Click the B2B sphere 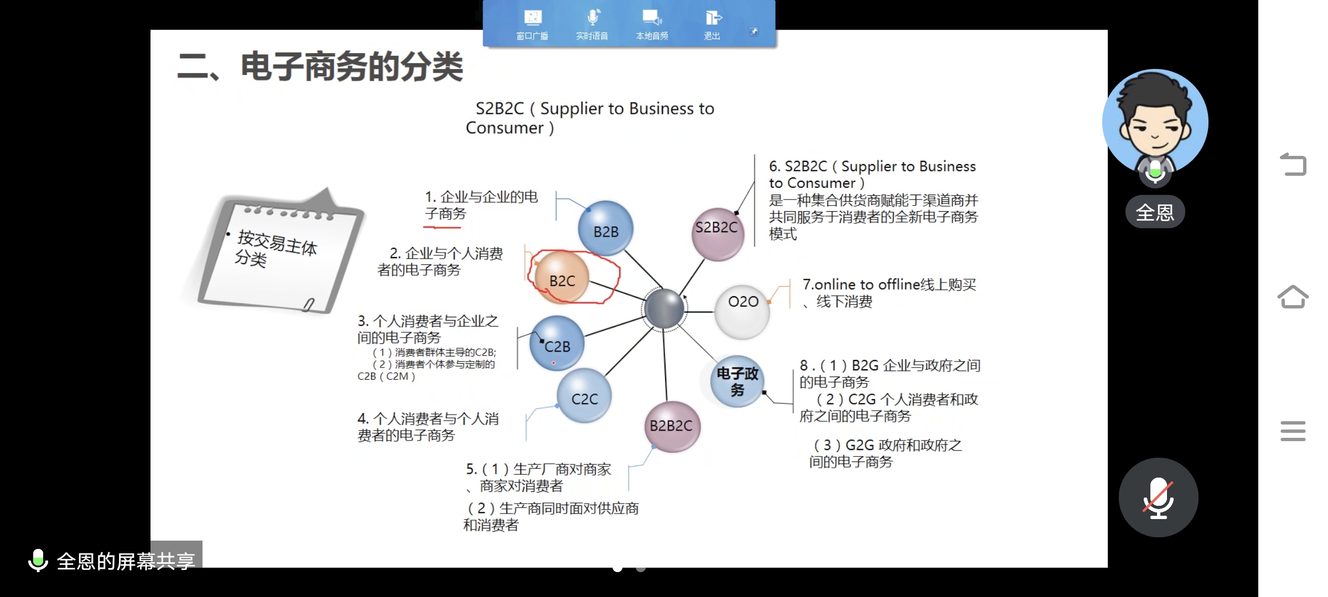(605, 229)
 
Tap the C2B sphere (557, 344)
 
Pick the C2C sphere (584, 396)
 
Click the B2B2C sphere (672, 426)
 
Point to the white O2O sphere (742, 311)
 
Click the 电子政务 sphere (738, 381)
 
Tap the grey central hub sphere (664, 308)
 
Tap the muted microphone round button (1158, 497)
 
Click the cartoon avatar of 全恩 (1155, 122)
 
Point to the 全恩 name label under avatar (1155, 212)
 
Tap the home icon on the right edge (1293, 297)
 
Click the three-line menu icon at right (1293, 431)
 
